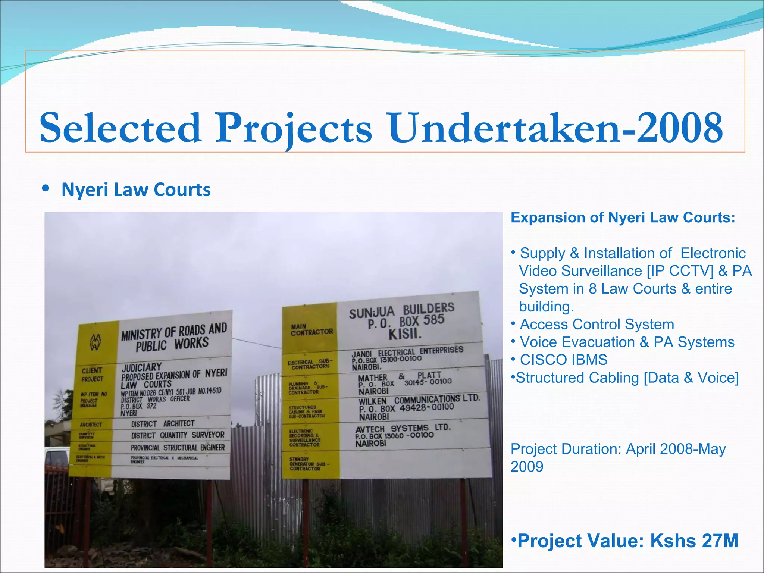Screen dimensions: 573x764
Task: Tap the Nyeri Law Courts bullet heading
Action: [x=136, y=190]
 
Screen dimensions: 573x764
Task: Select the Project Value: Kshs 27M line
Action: [x=625, y=541]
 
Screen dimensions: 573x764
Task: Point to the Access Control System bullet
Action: [x=597, y=324]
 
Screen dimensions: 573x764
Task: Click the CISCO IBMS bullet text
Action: [x=563, y=360]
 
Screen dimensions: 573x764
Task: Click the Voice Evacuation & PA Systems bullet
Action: [x=627, y=342]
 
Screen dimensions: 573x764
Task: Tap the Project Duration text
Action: [x=618, y=457]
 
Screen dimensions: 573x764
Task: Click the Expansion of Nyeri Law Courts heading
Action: [x=623, y=217]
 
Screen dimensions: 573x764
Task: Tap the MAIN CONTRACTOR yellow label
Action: [x=311, y=329]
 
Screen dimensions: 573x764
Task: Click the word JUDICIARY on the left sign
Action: [x=142, y=367]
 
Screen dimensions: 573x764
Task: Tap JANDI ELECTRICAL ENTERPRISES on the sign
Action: [x=407, y=352]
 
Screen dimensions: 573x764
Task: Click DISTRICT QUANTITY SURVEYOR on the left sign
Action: [x=178, y=435]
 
